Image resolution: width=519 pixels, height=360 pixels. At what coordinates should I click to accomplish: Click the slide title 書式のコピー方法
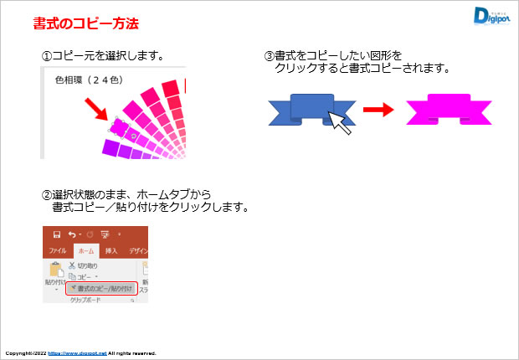86,23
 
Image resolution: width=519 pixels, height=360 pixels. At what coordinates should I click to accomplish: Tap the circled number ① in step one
47,57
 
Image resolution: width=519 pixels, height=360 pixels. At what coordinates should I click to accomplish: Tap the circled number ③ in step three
269,57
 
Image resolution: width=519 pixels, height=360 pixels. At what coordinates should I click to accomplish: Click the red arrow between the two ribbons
379,110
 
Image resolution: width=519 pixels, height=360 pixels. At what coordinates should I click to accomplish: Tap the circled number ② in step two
47,194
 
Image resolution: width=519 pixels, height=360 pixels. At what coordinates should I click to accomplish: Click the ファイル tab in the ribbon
58,251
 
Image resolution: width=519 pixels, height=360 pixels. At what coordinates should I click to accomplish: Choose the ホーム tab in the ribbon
85,251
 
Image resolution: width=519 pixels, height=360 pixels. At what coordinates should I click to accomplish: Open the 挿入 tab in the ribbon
112,251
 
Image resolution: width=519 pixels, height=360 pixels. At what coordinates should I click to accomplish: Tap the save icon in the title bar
57,234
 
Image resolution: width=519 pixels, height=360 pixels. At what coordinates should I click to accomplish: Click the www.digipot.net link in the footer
77,353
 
